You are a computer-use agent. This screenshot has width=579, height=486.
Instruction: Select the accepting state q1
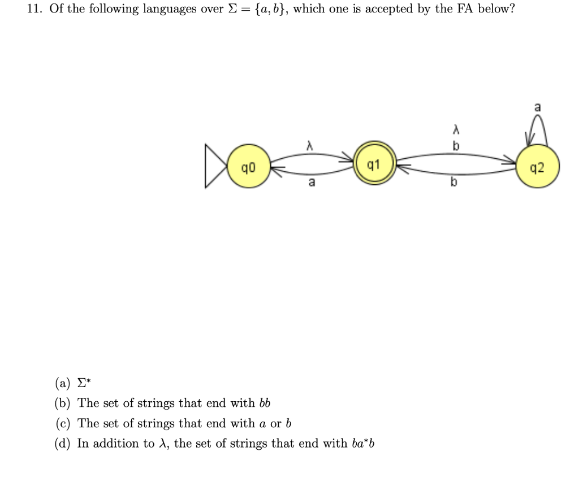[373, 166]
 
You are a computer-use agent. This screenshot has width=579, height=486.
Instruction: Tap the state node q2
[538, 168]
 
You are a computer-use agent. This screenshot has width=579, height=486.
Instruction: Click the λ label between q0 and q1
[309, 146]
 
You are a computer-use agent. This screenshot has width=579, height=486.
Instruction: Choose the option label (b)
[62, 403]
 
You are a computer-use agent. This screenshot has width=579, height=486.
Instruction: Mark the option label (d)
[62, 444]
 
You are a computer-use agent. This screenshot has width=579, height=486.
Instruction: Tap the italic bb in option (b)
[265, 403]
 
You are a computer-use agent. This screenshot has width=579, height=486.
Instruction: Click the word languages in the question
[167, 10]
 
